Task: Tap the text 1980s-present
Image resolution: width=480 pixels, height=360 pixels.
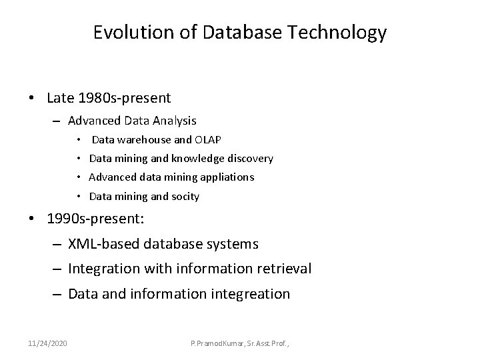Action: pos(124,98)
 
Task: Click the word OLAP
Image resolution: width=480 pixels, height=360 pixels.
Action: pos(208,139)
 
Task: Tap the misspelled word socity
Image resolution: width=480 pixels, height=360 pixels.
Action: pos(185,196)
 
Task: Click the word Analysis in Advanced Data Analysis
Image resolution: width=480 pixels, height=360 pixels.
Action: pos(174,121)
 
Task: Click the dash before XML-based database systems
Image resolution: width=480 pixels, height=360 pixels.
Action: pos(57,244)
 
